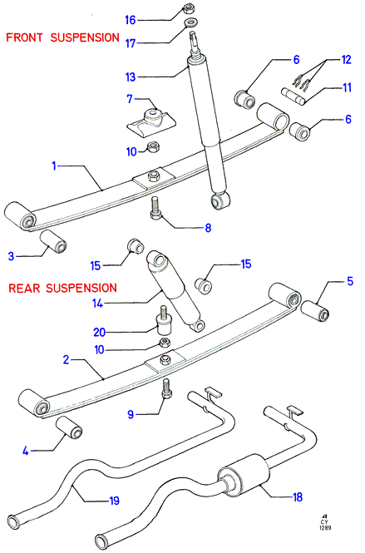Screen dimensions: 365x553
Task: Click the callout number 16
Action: tap(131, 20)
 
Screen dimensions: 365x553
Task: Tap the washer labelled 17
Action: tap(191, 23)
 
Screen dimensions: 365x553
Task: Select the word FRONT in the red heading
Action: tap(24, 37)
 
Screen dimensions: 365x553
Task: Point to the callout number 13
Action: tap(131, 77)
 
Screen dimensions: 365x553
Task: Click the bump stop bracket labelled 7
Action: tap(151, 123)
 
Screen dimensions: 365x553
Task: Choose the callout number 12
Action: tap(347, 60)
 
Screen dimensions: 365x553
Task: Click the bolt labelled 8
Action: tap(155, 208)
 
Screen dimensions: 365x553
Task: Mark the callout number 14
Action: tap(98, 303)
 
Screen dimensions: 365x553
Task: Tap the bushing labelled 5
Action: tap(315, 311)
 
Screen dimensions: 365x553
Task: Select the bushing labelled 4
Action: tap(69, 427)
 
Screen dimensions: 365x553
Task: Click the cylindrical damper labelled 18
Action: tap(244, 476)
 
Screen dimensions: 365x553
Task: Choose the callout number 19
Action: tap(114, 501)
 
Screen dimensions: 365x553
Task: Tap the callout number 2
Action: tap(66, 360)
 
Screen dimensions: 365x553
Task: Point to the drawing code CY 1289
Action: tap(325, 525)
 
